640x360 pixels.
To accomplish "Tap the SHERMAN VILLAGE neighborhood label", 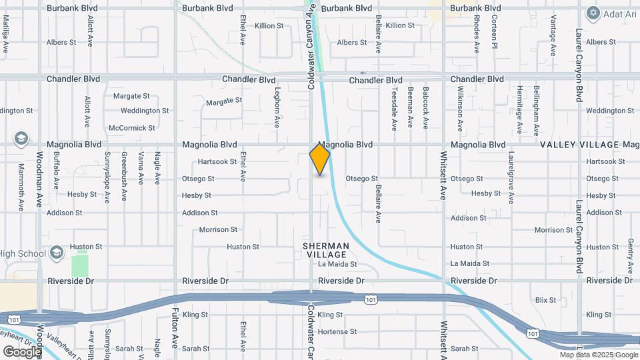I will (325, 250).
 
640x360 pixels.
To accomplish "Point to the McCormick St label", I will (131, 127).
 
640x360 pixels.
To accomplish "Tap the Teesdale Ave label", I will (395, 108).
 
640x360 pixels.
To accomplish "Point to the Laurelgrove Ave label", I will (511, 179).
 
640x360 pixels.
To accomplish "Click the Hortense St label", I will (337, 331).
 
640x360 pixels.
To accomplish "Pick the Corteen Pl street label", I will (494, 33).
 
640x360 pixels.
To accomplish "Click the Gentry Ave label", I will (630, 256).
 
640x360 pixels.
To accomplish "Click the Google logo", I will (22, 351).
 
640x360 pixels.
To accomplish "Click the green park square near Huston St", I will (81, 264).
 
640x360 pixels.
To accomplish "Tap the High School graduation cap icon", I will (57, 253).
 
